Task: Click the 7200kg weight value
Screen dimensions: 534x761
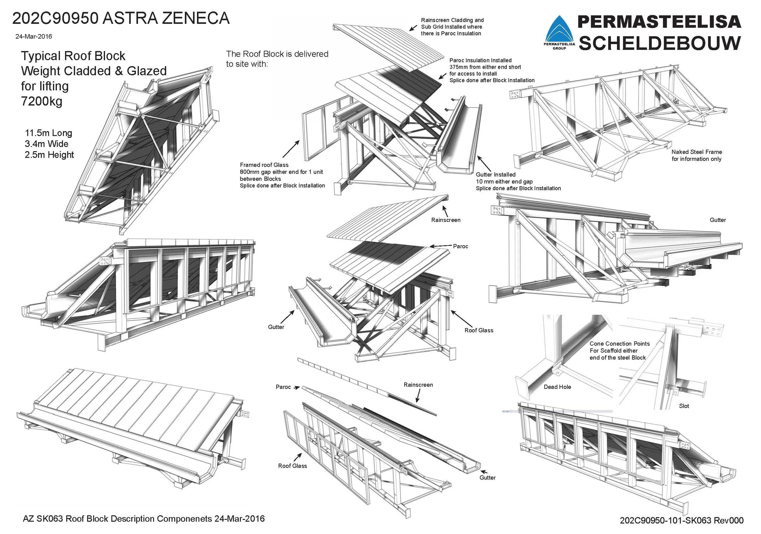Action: click(41, 101)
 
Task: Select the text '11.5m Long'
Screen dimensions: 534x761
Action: click(48, 133)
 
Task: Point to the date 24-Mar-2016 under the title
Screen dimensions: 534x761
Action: click(33, 37)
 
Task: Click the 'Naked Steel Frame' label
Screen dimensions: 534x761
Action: click(696, 152)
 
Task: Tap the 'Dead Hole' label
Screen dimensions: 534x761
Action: click(557, 387)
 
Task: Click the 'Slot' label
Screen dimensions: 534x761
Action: click(684, 406)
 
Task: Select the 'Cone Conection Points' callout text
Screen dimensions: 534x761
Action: click(619, 344)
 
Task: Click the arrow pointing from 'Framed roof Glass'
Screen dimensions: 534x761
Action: click(291, 149)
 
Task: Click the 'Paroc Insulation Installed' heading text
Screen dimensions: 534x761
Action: click(480, 60)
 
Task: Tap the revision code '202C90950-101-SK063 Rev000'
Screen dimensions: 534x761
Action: click(682, 520)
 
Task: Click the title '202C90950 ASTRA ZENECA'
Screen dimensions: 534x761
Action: click(121, 18)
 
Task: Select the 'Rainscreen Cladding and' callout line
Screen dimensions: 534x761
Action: click(452, 20)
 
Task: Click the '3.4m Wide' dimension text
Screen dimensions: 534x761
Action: click(46, 144)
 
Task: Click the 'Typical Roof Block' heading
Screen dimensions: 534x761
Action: click(73, 56)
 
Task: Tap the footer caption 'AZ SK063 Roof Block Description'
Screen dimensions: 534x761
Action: click(143, 518)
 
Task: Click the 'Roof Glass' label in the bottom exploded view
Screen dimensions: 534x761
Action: click(292, 466)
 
